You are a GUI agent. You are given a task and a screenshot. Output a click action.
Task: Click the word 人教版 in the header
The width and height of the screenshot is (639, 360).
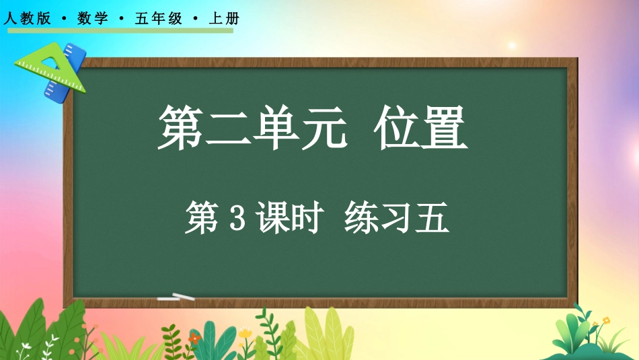click(27, 19)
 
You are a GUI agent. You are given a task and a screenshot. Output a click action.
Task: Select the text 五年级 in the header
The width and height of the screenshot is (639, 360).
click(159, 19)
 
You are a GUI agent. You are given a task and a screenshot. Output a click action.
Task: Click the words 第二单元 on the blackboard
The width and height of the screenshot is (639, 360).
click(252, 130)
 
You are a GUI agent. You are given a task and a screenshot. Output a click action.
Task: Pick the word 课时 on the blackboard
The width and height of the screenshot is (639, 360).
click(287, 220)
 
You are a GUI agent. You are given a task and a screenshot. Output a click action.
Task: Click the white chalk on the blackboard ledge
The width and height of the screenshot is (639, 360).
click(174, 296)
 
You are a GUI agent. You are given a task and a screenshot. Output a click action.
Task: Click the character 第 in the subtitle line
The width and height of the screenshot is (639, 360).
click(201, 220)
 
